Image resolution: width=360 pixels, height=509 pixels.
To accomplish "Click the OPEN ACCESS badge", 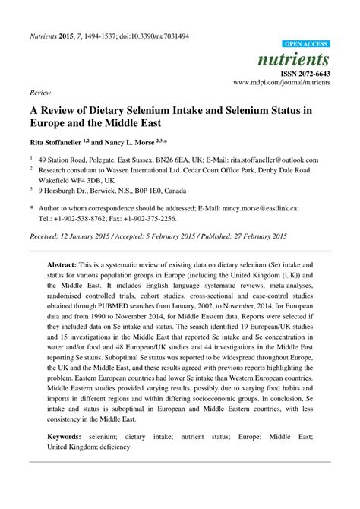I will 305,45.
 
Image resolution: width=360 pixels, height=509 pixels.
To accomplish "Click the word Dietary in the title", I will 112,108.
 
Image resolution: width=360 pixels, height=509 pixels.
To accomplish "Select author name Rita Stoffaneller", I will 59,142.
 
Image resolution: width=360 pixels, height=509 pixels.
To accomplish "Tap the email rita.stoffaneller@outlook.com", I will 272,160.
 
